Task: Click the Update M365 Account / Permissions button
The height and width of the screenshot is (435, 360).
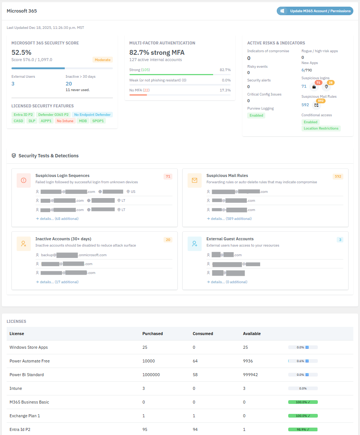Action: pos(315,11)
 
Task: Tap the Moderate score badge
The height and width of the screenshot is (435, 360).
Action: pos(102,60)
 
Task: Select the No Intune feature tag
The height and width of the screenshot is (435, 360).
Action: pos(65,121)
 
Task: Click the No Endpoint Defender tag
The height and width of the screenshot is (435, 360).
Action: pos(92,115)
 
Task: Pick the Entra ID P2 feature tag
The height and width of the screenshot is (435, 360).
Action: pos(23,115)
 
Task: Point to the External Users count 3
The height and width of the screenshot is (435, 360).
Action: pos(13,84)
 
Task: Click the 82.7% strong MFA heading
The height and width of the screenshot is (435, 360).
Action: pos(157,53)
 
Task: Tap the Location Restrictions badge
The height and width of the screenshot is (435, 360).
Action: pos(321,128)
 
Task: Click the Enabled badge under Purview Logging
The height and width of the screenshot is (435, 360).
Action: pos(256,116)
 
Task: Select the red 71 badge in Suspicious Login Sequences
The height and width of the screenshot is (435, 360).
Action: pos(168,177)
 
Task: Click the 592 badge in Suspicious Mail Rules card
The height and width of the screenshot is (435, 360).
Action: pos(338,177)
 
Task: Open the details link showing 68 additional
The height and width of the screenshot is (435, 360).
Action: pos(57,219)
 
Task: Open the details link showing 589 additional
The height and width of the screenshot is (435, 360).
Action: pos(229,219)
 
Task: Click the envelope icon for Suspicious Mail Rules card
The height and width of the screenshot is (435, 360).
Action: pos(195,180)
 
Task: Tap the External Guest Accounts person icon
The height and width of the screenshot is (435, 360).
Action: pos(195,244)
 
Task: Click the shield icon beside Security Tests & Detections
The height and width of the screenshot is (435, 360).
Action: pos(14,156)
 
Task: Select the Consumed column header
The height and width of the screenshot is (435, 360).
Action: pos(203,334)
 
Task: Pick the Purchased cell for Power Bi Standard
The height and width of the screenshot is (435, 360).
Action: pos(151,375)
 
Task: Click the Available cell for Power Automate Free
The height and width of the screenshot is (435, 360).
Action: pos(250,361)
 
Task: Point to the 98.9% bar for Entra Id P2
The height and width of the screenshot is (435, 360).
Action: pos(303,429)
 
